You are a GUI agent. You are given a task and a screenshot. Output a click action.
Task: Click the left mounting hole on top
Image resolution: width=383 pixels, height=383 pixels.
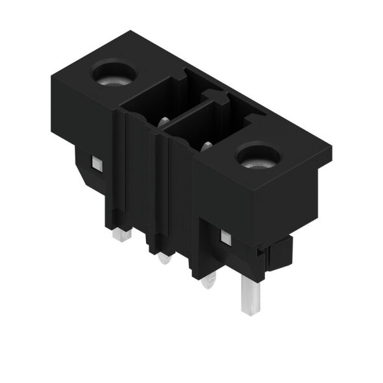(x=115, y=74)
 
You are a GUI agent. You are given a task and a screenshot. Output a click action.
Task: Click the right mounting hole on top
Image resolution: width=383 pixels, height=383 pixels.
(x=258, y=156)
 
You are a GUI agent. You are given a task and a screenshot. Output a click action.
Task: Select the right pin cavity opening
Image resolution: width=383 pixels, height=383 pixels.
(x=204, y=129)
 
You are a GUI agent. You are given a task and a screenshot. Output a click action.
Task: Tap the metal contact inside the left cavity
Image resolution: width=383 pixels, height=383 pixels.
(x=163, y=120)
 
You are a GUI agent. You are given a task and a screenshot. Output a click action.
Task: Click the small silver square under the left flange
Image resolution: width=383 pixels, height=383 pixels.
(x=97, y=165)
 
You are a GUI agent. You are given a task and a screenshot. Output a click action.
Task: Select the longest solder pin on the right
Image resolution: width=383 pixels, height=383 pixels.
(x=251, y=292)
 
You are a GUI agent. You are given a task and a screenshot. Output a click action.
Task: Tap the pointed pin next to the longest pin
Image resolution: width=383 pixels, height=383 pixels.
(x=209, y=280)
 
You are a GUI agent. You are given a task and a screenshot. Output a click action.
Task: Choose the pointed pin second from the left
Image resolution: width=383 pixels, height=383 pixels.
(x=164, y=258)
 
